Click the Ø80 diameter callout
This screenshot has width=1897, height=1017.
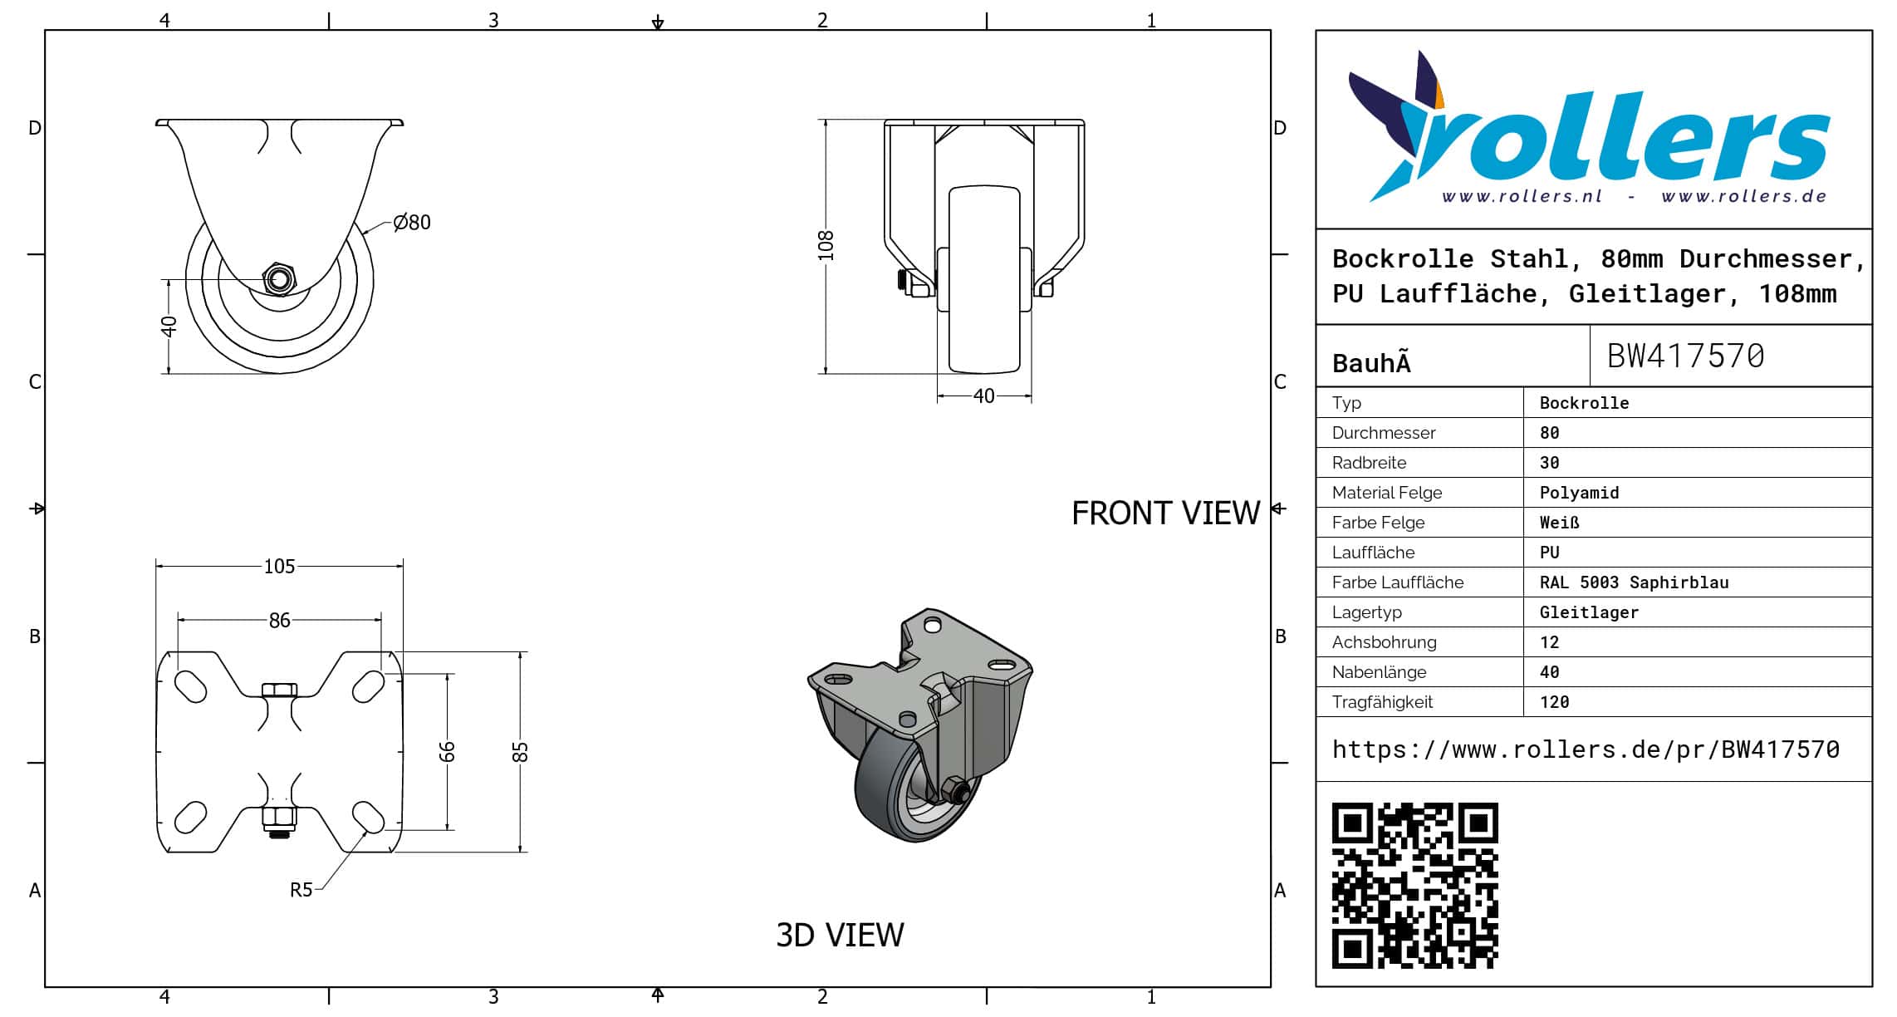(x=412, y=223)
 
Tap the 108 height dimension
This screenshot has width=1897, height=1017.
(x=826, y=246)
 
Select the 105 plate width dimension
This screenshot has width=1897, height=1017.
(x=279, y=567)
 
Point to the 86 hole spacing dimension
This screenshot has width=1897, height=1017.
(x=279, y=621)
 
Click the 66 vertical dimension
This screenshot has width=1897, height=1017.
(x=447, y=752)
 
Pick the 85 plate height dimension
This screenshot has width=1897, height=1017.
(x=520, y=752)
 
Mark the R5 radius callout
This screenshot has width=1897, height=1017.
(x=301, y=890)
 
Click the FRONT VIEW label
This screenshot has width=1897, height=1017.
(x=1165, y=513)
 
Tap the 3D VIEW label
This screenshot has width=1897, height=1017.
(x=840, y=936)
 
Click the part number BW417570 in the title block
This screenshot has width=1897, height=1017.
(x=1685, y=356)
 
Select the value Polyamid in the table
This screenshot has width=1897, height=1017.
(x=1579, y=493)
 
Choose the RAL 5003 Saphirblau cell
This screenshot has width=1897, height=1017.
(x=1634, y=582)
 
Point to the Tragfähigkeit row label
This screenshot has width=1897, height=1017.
(x=1382, y=702)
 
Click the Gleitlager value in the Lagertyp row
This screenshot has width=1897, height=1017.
(x=1589, y=612)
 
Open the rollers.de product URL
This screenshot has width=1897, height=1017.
(x=1586, y=749)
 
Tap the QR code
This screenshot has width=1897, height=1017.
(x=1414, y=885)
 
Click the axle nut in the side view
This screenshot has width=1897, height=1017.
(x=279, y=279)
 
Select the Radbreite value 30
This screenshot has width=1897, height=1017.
(x=1549, y=463)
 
